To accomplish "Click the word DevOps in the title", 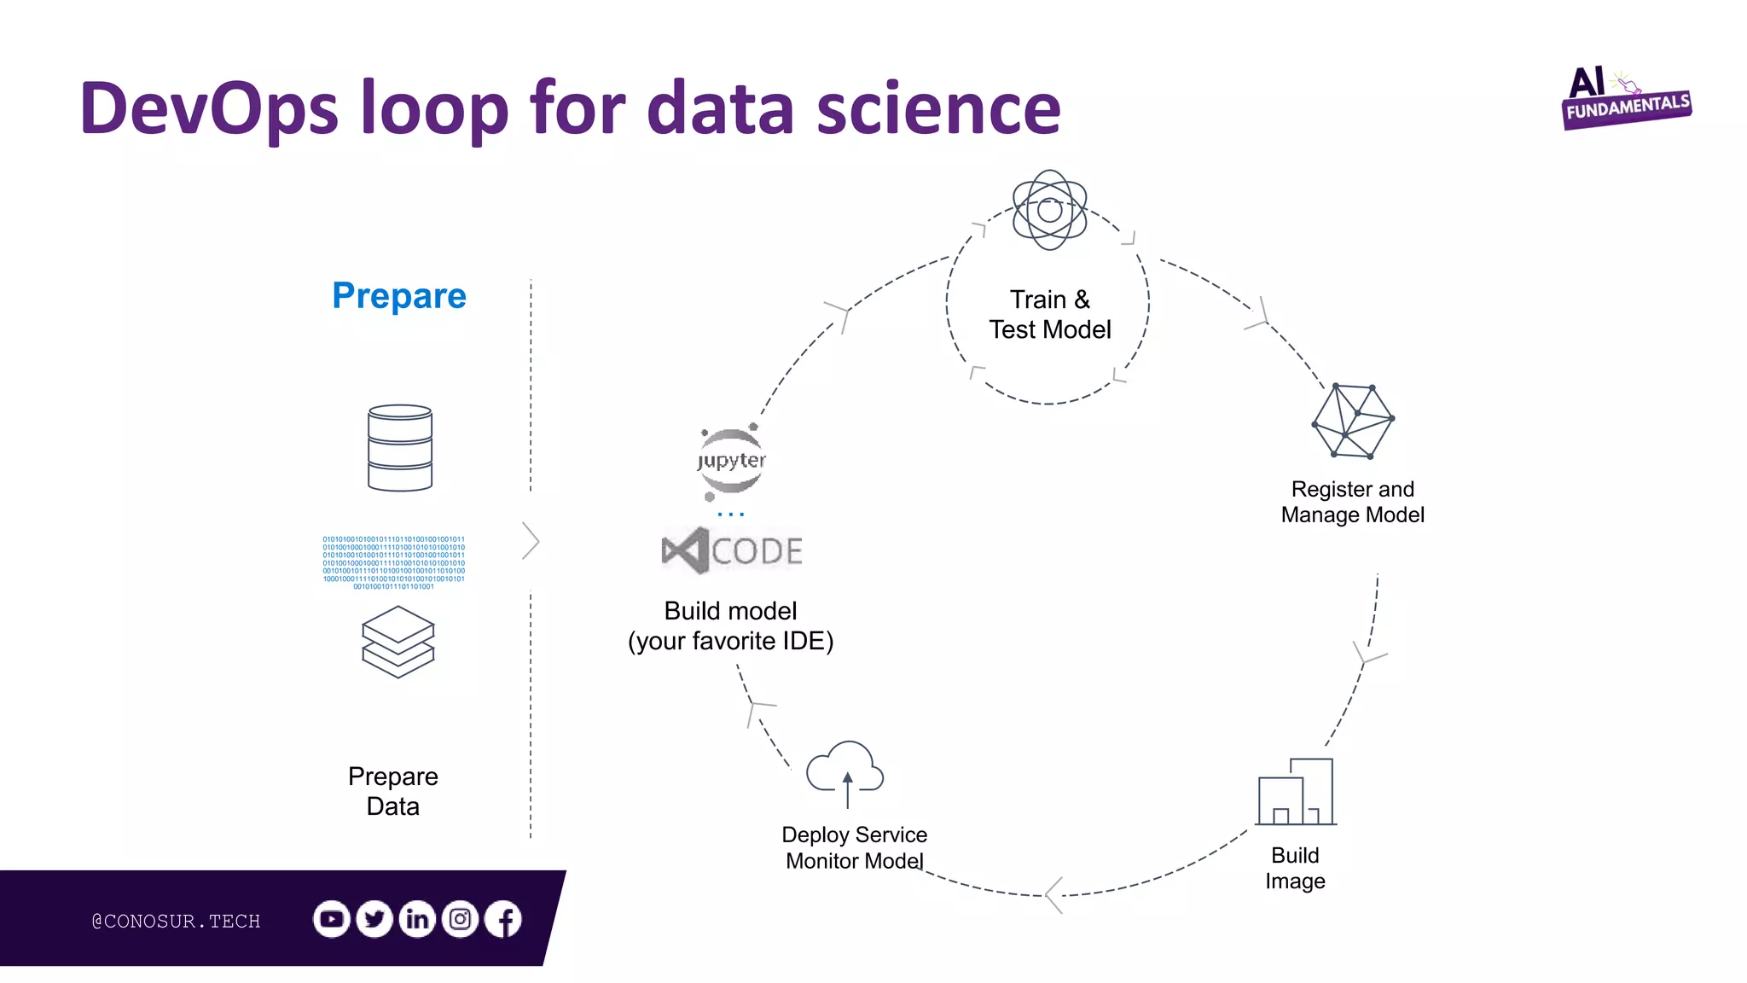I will tap(209, 108).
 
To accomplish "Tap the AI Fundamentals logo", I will tap(1625, 99).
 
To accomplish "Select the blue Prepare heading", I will tap(399, 296).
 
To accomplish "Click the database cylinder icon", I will tap(400, 448).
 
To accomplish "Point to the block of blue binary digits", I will tap(394, 562).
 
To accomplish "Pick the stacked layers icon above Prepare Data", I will tap(398, 642).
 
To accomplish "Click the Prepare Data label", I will tap(393, 791).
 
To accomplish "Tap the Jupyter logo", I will tap(731, 462).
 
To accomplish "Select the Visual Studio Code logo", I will tap(732, 550).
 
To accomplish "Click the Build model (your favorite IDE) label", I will tap(731, 625).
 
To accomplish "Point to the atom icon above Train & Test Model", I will tap(1049, 210).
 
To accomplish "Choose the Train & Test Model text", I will tap(1049, 315).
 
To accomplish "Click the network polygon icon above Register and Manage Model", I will tap(1353, 421).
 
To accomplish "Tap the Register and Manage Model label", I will tap(1353, 502).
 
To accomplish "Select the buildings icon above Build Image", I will tap(1296, 791).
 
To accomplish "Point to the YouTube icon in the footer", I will tap(332, 919).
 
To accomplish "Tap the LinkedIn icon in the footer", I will tap(417, 919).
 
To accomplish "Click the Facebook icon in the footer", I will tap(503, 919).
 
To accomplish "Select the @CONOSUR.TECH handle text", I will tap(176, 922).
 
